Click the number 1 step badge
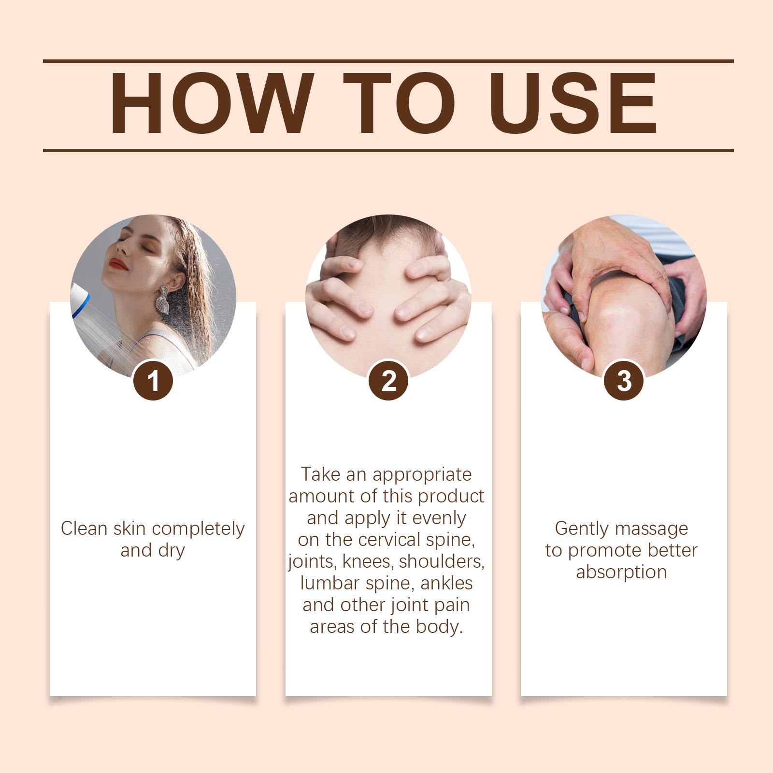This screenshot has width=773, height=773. coord(153,380)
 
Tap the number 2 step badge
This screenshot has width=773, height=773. coord(389,380)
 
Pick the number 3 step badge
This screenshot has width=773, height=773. coord(624,380)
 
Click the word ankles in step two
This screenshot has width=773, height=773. coord(447,583)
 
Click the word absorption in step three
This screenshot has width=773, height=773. coord(621,573)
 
